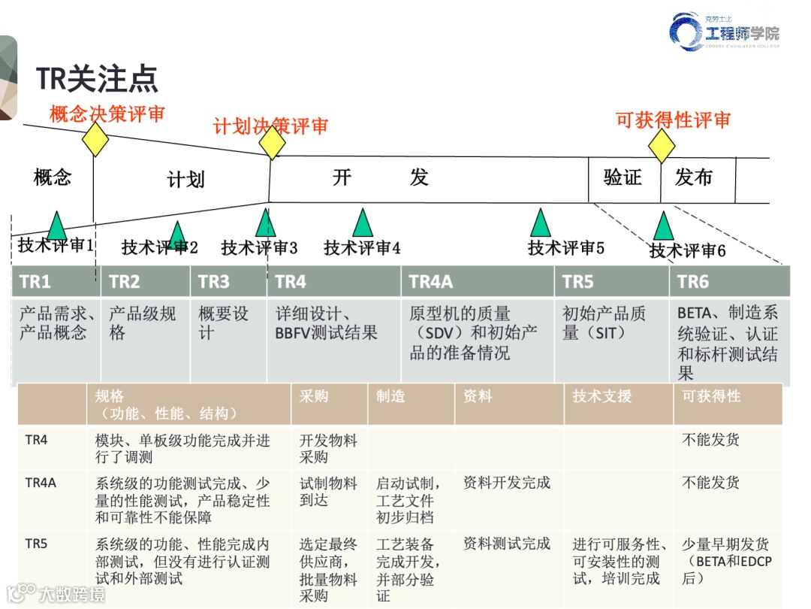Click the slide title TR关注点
(97, 79)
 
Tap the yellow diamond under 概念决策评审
(95, 139)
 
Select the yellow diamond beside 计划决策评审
(272, 143)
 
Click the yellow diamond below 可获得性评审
(662, 146)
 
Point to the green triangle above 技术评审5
(540, 223)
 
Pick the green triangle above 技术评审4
(363, 223)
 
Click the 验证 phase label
(623, 177)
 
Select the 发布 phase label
(693, 177)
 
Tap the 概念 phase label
(53, 177)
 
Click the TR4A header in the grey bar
(431, 282)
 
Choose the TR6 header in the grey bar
(693, 282)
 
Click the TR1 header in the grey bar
(35, 282)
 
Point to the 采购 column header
(314, 396)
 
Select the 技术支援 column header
(601, 396)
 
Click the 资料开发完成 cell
(507, 483)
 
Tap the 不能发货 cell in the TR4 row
(710, 440)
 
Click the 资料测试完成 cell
(507, 544)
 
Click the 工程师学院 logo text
(742, 33)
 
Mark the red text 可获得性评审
(673, 120)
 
